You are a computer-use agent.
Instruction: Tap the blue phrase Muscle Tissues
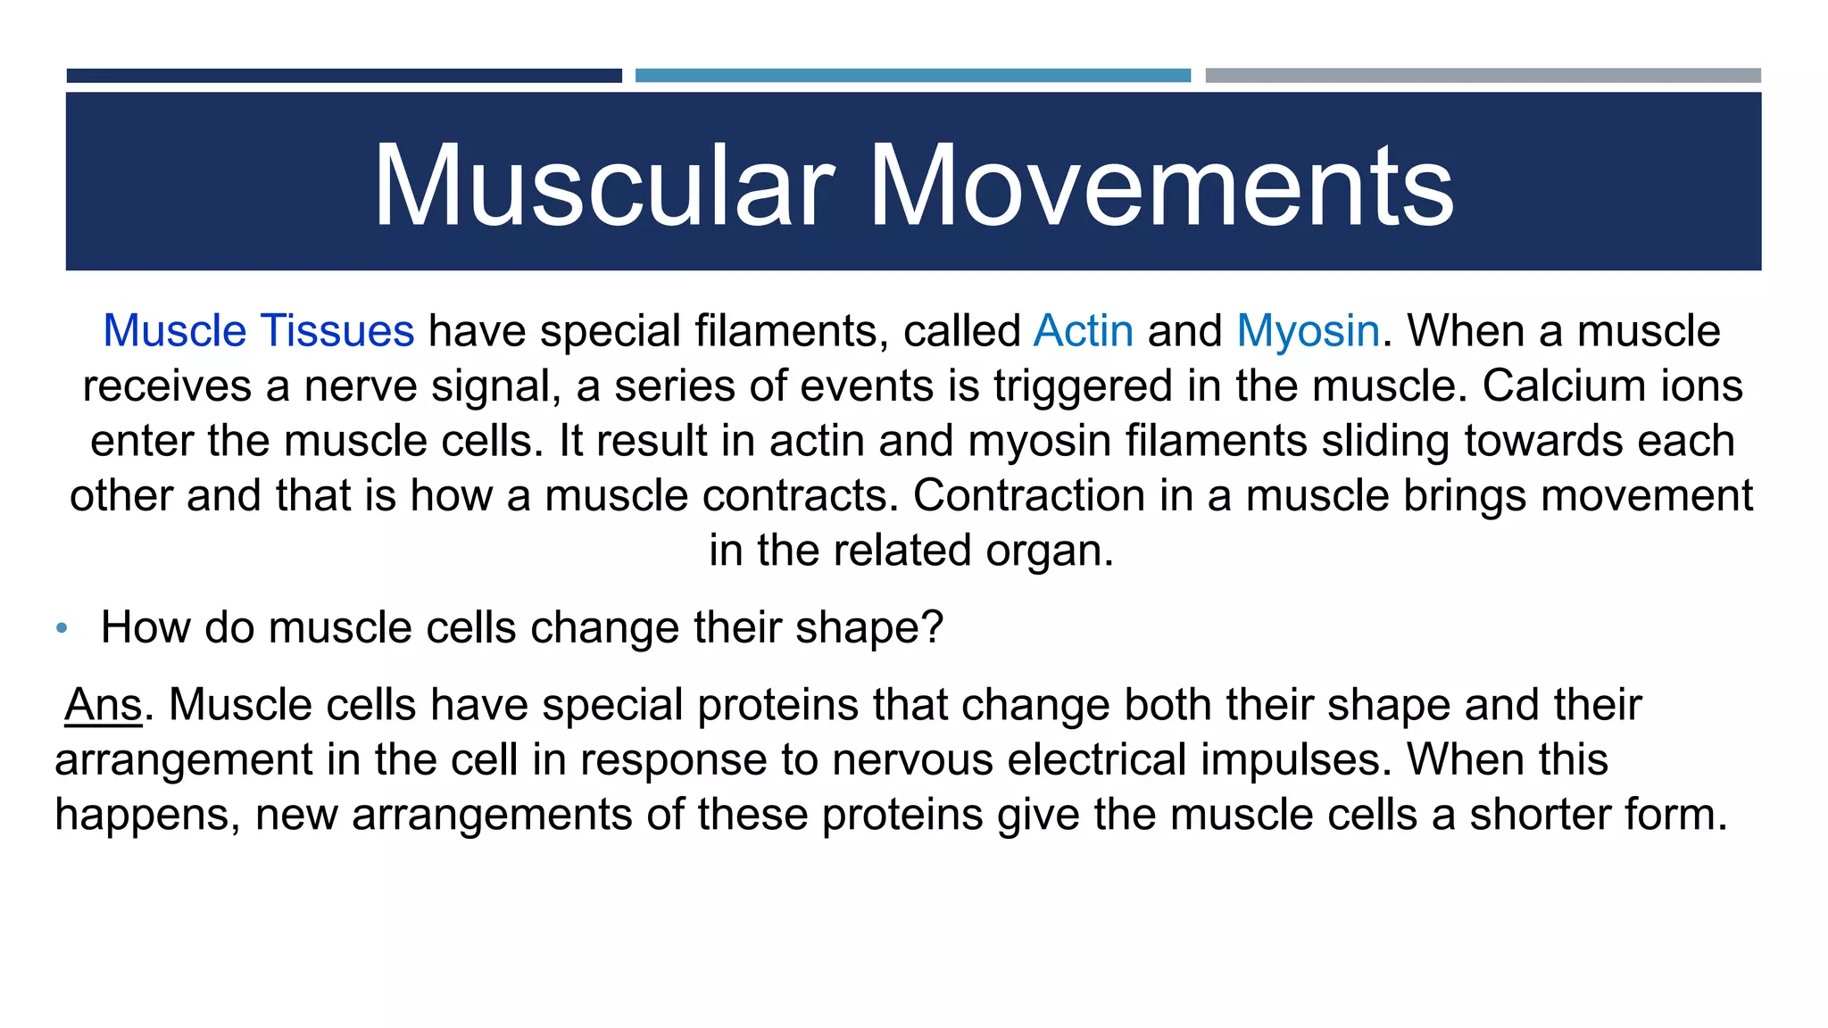coord(259,331)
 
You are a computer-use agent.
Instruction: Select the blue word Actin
coord(1084,331)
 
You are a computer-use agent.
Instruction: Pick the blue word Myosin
coord(1309,331)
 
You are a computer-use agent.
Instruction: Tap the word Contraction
coord(1028,495)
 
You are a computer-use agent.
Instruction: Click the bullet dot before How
coord(62,628)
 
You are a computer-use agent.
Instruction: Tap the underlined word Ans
coord(104,705)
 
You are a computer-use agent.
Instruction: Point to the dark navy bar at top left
coord(344,76)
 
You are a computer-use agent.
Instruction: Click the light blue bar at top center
coord(912,76)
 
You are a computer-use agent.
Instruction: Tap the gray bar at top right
coord(1483,76)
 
